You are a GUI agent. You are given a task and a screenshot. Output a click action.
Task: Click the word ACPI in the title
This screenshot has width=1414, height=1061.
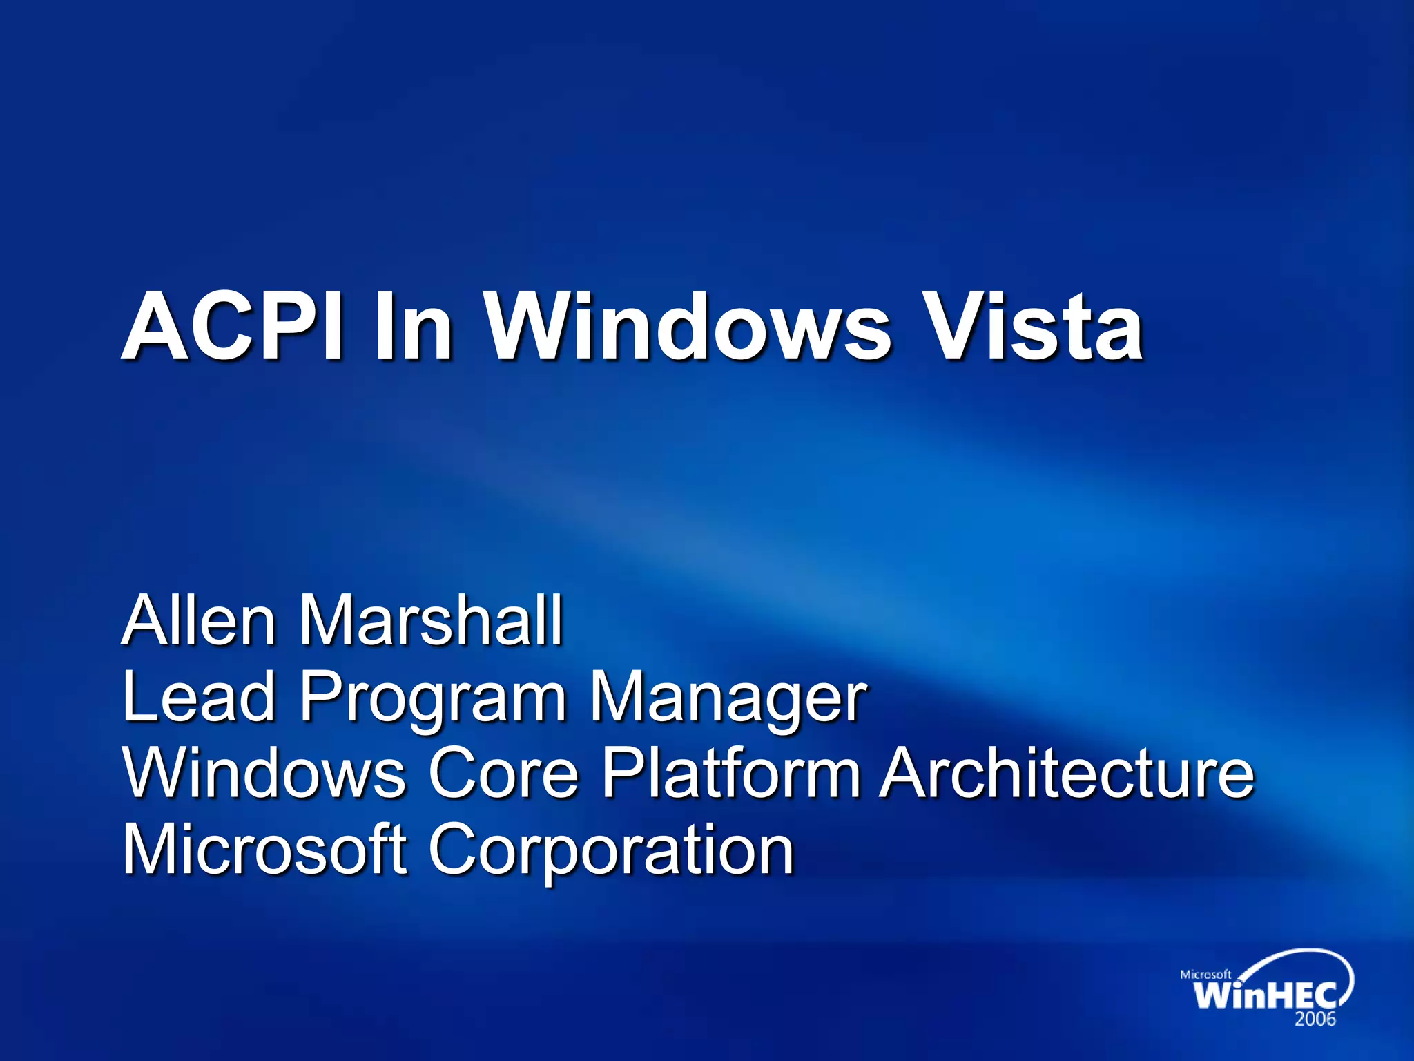coord(231,325)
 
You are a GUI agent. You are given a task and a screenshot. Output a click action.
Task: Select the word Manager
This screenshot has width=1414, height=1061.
coord(728,699)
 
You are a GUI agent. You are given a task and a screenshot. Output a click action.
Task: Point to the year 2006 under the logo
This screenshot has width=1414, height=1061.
coord(1315,1019)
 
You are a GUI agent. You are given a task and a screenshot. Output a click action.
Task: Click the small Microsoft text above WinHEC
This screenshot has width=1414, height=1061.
coord(1205,974)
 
